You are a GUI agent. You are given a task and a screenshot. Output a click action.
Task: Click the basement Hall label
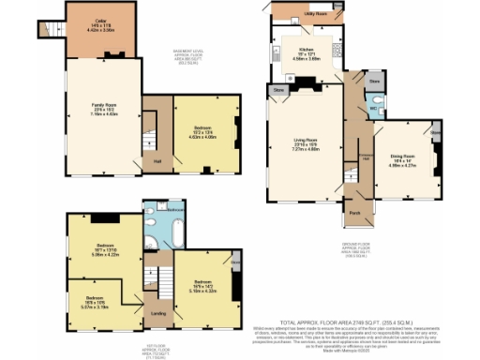[x=158, y=160]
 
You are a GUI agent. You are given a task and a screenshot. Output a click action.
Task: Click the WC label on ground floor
[x=372, y=109]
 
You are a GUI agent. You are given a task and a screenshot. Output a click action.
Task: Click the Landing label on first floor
[x=159, y=313]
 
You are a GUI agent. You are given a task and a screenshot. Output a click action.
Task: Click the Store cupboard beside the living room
[x=278, y=90]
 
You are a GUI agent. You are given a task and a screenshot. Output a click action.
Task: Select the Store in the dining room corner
[x=435, y=134]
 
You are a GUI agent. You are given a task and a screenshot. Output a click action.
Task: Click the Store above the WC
[x=374, y=82]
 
